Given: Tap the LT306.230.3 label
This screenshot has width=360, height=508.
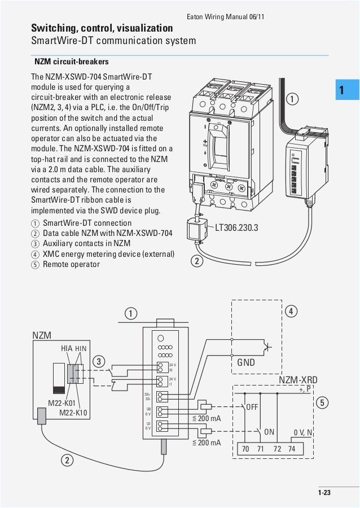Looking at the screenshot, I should click(x=236, y=227).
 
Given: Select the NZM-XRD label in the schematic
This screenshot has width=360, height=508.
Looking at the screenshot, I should click(x=298, y=380).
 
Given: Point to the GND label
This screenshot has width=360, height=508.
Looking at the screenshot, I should click(x=245, y=362).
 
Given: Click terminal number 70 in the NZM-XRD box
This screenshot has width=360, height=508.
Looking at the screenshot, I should click(x=245, y=449).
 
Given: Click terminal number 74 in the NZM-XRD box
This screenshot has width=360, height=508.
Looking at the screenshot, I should click(x=291, y=449).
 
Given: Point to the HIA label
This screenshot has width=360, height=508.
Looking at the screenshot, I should click(x=67, y=349).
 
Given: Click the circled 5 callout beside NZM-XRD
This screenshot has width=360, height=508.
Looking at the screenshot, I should click(x=322, y=402).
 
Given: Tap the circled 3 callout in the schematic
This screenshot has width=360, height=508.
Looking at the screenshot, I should click(x=99, y=361).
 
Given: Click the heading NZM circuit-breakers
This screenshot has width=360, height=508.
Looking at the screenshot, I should click(x=71, y=61).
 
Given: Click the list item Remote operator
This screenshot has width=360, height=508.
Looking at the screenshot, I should click(x=71, y=264).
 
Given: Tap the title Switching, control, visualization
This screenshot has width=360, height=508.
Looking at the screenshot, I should click(x=102, y=28).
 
